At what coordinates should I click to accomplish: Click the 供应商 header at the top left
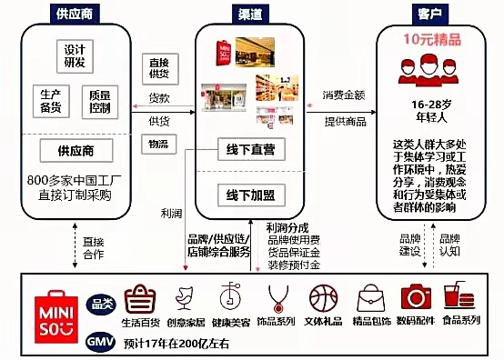pos(75,15)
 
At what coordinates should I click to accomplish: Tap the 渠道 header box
pos(248,15)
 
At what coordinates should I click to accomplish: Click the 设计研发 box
pos(76,55)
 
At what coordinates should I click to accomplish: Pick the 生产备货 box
pos(50,101)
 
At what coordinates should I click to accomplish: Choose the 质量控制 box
pos(100,101)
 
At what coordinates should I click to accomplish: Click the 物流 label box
pos(158,144)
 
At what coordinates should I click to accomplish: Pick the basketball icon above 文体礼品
pos(322,298)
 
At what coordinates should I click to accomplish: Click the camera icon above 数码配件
pos(417,298)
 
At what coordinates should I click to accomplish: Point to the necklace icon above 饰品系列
pos(277,298)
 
